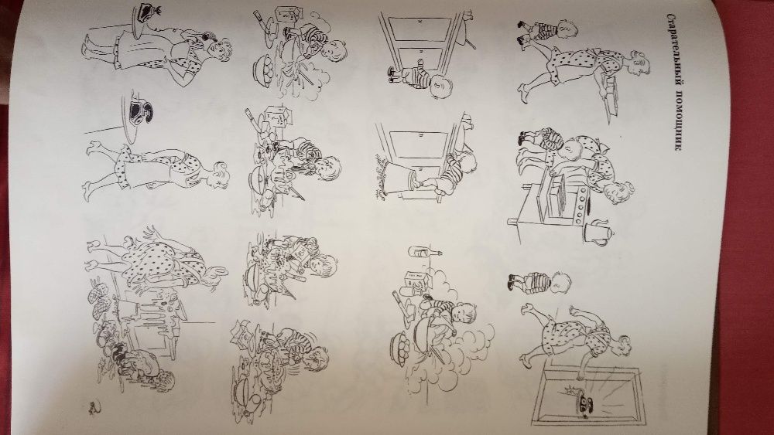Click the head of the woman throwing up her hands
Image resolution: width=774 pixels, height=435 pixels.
[214, 271]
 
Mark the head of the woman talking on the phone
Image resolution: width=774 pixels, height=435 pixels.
[217, 49]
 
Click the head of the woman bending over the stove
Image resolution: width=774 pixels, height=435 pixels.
[618, 192]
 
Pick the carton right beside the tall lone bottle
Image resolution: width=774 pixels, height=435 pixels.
[413, 281]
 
